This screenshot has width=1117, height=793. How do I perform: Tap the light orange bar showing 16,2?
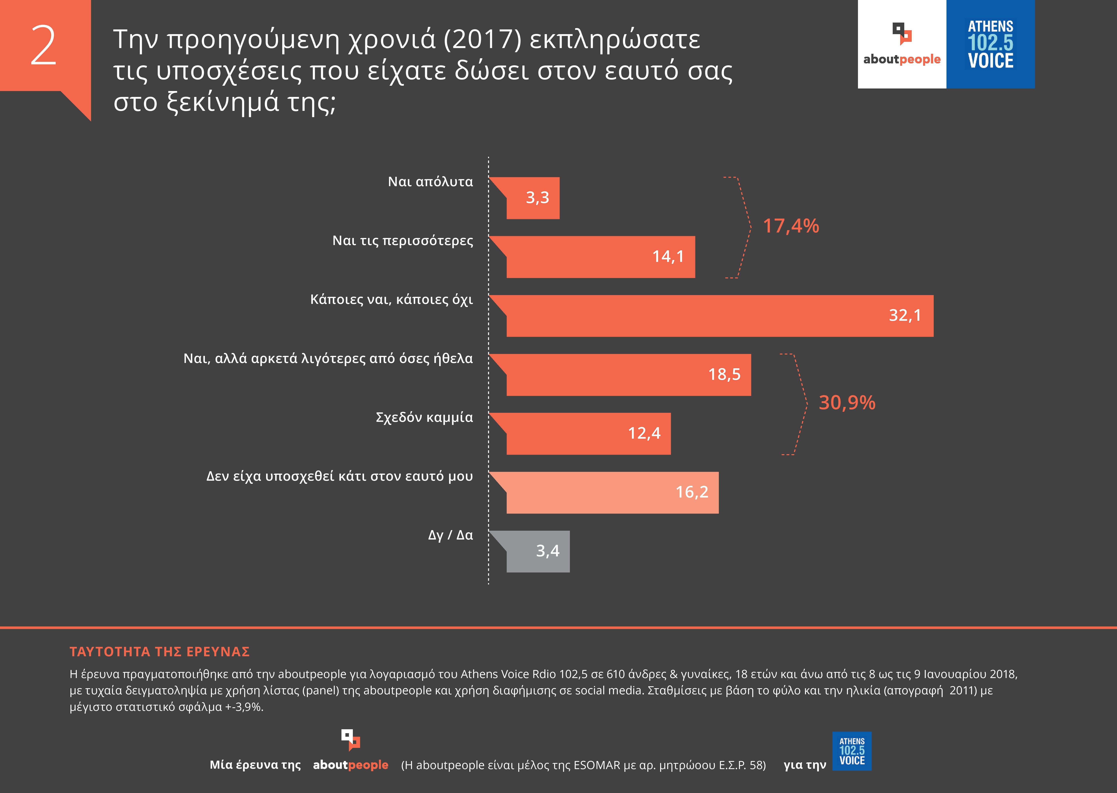611,493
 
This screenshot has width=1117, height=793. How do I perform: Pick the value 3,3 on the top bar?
537,198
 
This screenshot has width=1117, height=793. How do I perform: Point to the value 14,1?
668,257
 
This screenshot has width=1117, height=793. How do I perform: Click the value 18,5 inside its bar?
724,375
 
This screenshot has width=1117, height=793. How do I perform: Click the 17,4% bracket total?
791,226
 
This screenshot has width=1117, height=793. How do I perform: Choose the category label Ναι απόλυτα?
430,182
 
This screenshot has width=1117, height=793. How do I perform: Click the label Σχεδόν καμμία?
424,417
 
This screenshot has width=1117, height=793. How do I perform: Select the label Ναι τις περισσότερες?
402,241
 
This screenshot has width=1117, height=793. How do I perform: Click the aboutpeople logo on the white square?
902,44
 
